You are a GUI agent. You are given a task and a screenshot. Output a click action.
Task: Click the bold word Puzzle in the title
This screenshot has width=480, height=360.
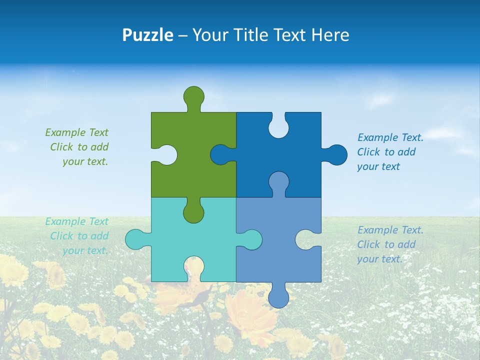(148, 35)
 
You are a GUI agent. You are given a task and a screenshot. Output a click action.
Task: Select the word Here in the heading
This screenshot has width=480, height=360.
(330, 35)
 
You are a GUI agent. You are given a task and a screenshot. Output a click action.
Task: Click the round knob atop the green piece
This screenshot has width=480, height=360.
(193, 96)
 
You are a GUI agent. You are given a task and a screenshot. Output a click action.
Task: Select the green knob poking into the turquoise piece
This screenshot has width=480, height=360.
(193, 211)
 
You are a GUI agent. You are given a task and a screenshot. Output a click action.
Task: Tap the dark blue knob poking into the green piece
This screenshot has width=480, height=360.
(220, 154)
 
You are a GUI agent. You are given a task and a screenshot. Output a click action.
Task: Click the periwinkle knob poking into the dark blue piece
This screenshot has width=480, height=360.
(278, 182)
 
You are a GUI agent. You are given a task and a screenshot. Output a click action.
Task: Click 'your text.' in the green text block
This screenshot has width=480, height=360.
(85, 162)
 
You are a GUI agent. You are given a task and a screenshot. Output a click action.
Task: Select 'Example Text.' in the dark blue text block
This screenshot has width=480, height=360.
(390, 137)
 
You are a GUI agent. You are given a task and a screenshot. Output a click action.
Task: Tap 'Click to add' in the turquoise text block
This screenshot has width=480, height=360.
(79, 236)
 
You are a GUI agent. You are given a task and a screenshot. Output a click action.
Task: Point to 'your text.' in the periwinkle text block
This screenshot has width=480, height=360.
(379, 259)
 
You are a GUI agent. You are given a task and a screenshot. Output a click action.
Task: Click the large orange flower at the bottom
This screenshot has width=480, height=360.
(250, 310)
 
